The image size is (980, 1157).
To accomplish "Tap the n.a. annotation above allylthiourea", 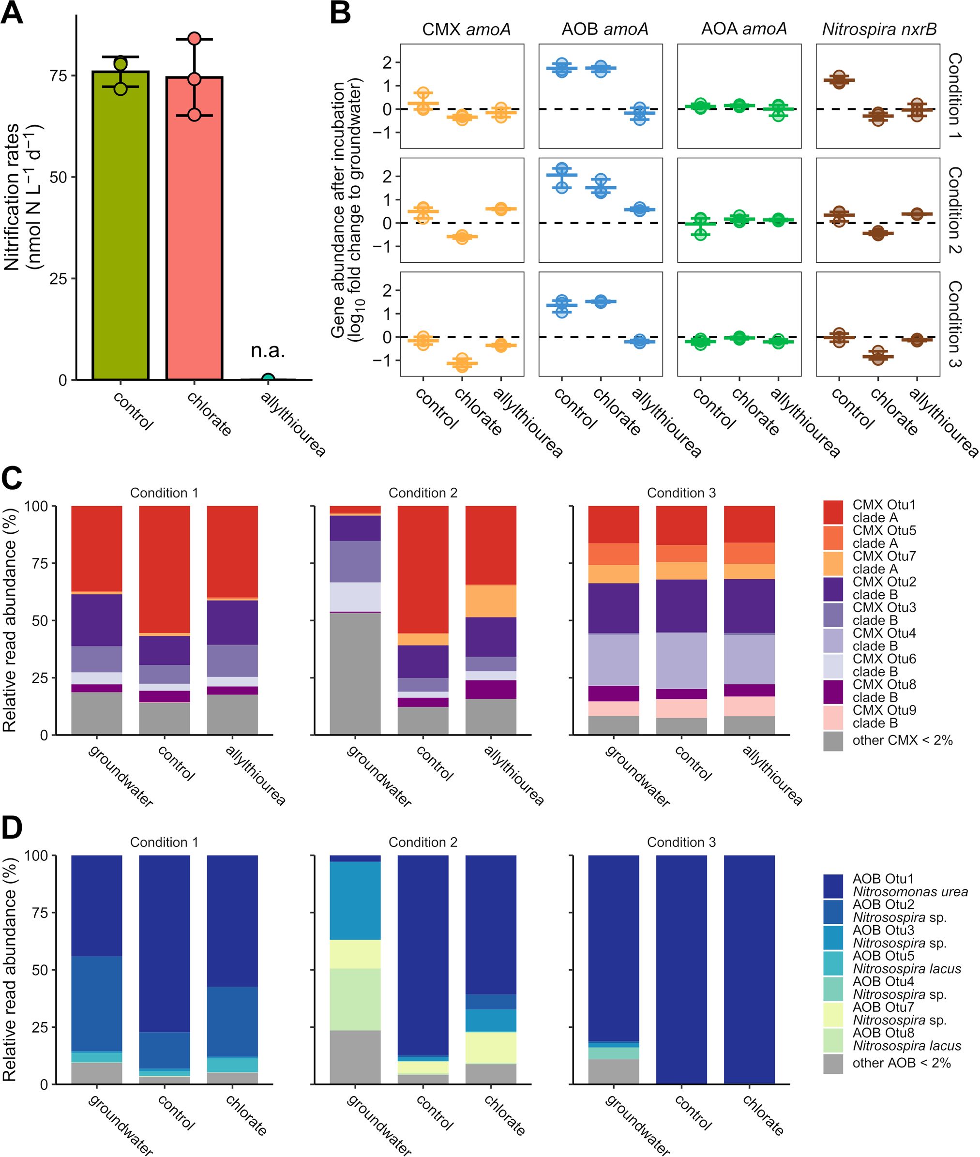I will pyautogui.click(x=268, y=350).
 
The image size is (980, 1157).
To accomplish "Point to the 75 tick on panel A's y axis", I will pyautogui.click(x=59, y=75).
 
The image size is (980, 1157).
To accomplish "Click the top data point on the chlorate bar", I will pyautogui.click(x=195, y=39).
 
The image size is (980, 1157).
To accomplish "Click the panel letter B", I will pyautogui.click(x=340, y=14).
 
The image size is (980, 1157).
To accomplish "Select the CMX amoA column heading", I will pyautogui.click(x=466, y=30).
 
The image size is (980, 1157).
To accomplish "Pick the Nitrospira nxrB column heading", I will pyautogui.click(x=879, y=30).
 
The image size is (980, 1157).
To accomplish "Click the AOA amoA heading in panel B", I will pyautogui.click(x=744, y=30).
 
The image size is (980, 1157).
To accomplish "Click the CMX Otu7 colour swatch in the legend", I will pyautogui.click(x=833, y=563).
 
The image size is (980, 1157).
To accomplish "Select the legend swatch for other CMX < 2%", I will pyautogui.click(x=833, y=740).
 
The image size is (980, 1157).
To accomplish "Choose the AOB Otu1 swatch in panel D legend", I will pyautogui.click(x=833, y=886).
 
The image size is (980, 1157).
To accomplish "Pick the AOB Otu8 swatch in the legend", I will pyautogui.click(x=833, y=1040).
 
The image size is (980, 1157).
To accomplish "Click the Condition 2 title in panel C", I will pyautogui.click(x=423, y=493).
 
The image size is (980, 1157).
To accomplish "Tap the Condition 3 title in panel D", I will pyautogui.click(x=681, y=842).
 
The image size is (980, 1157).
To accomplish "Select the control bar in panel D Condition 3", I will pyautogui.click(x=681, y=969).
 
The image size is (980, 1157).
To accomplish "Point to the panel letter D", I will pyautogui.click(x=12, y=827).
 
